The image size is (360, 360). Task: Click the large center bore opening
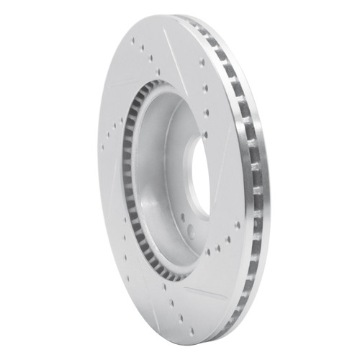pyautogui.click(x=199, y=171)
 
